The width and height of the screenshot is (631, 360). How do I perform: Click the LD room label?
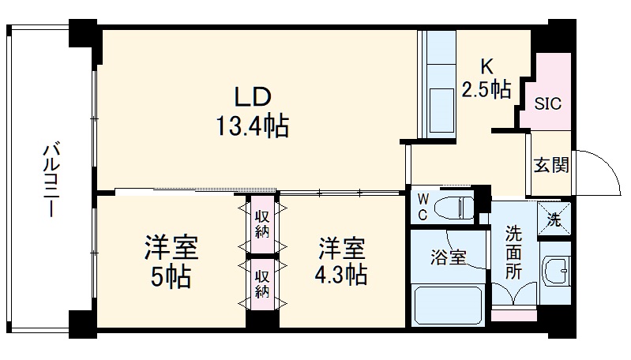[252, 96]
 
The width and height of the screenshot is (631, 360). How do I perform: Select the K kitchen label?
[488, 66]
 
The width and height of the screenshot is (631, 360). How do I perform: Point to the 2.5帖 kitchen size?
[486, 88]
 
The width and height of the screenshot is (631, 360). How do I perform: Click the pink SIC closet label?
[547, 103]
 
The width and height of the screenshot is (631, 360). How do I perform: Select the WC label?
[423, 208]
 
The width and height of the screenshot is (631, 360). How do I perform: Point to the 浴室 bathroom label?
[447, 257]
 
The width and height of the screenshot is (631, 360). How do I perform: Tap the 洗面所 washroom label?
[513, 253]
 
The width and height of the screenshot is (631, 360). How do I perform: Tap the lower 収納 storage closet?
[262, 283]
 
